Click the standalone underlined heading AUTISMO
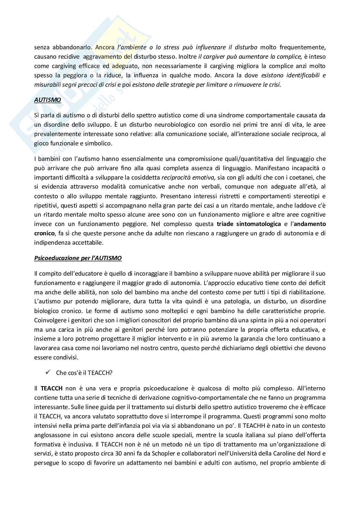pos(47,100)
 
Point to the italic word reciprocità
pos(175,177)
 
